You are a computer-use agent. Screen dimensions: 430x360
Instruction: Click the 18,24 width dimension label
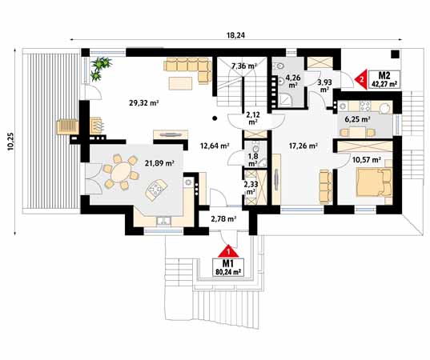235,35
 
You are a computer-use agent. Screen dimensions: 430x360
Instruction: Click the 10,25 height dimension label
10,142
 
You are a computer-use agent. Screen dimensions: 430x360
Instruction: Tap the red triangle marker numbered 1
228,252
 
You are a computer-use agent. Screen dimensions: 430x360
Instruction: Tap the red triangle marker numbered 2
361,79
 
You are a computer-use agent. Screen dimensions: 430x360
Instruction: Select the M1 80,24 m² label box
228,267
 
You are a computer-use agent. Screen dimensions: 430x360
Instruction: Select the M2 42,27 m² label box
384,79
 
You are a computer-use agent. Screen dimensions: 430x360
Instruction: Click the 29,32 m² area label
143,103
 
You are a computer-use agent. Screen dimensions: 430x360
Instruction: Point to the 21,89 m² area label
159,163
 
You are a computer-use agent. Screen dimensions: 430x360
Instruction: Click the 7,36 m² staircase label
244,66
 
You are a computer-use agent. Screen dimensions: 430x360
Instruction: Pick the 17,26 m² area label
303,146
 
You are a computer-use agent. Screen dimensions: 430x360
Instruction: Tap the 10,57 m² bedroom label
367,160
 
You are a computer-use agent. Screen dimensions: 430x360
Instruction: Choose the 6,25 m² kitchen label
358,119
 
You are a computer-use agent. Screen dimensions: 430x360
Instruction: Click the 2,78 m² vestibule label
223,219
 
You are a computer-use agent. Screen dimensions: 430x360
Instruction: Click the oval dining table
121,172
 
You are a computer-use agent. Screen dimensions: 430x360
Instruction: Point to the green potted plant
100,68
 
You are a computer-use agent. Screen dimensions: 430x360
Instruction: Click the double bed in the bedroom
374,182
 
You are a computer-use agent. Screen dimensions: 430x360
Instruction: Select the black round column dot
215,118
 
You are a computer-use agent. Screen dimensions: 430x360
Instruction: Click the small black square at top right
395,54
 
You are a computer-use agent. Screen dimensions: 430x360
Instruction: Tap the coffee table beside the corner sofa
180,83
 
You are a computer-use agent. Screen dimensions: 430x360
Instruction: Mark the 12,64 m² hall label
215,146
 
